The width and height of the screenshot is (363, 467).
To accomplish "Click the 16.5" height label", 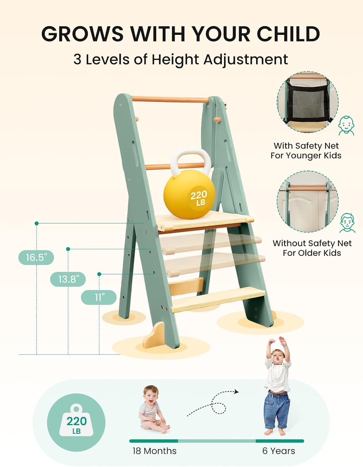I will pyautogui.click(x=36, y=257).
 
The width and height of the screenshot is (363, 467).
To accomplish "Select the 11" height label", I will pyautogui.click(x=99, y=298).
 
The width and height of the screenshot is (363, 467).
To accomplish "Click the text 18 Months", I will pyautogui.click(x=154, y=451).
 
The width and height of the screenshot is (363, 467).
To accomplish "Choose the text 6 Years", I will pyautogui.click(x=279, y=451).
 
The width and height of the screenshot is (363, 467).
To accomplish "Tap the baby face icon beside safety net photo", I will pyautogui.click(x=346, y=125).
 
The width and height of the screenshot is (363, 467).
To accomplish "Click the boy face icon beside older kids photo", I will pyautogui.click(x=347, y=223).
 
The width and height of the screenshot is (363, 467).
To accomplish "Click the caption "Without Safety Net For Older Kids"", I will pyautogui.click(x=312, y=248).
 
